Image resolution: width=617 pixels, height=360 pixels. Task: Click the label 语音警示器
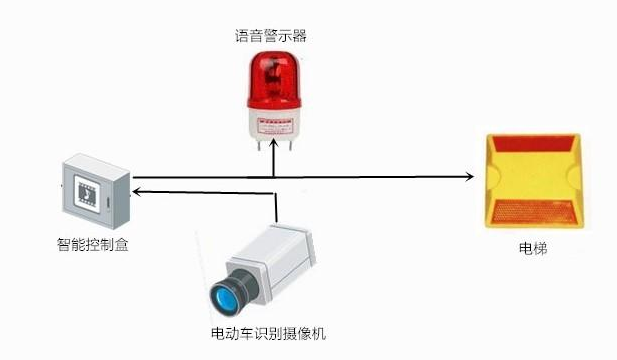pos(271,37)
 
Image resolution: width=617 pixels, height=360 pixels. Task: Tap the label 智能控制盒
pos(92,243)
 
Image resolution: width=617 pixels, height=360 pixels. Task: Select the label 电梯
pos(532,247)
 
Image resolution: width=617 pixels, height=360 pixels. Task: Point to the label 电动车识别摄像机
pos(268,332)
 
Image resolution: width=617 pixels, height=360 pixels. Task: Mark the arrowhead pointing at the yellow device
pos(469,177)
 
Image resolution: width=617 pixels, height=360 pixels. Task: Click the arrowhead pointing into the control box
pos(137,189)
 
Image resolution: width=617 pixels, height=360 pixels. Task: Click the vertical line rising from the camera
pos(275,205)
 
